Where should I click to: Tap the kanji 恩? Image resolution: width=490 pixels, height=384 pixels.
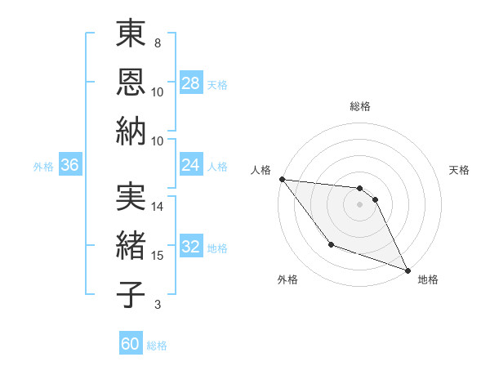[131, 82]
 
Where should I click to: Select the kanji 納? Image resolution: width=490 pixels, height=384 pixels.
[131, 131]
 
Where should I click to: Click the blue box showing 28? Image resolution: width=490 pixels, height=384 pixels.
[191, 83]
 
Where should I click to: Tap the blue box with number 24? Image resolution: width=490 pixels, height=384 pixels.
[191, 165]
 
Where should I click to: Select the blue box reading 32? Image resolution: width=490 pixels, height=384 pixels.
[191, 247]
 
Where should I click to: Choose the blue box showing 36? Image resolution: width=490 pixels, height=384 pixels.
[70, 165]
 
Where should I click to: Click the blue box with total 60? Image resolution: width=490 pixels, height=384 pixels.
[131, 344]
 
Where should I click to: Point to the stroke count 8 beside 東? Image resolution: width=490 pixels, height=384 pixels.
[158, 42]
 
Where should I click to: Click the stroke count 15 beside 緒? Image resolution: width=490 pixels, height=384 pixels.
[158, 256]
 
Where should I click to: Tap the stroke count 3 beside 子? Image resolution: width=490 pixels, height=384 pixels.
[158, 305]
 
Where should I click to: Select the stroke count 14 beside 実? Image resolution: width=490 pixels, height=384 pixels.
[158, 207]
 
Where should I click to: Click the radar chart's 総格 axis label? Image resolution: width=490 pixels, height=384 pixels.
[360, 106]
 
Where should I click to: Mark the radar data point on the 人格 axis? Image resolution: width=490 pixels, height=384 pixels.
[282, 179]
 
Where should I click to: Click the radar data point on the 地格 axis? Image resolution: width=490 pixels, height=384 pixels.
[408, 270]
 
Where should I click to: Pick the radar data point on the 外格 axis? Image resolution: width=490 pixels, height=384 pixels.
[331, 244]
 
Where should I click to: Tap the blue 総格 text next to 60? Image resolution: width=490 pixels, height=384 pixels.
[157, 346]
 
